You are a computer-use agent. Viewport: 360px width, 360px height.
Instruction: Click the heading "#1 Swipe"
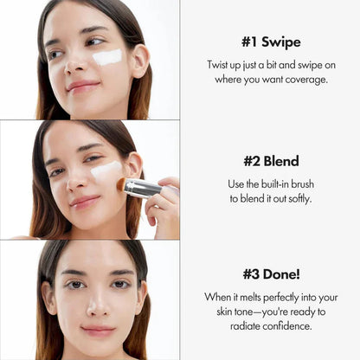(x=270, y=42)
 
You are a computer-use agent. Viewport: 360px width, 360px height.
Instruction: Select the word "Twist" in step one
(x=219, y=65)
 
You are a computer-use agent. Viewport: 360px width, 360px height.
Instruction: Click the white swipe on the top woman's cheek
(x=108, y=57)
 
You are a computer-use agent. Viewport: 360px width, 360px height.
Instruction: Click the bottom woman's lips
(x=97, y=330)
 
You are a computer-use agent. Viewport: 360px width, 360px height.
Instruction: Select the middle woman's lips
(x=84, y=201)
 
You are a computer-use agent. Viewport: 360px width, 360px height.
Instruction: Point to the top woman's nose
(x=76, y=66)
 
